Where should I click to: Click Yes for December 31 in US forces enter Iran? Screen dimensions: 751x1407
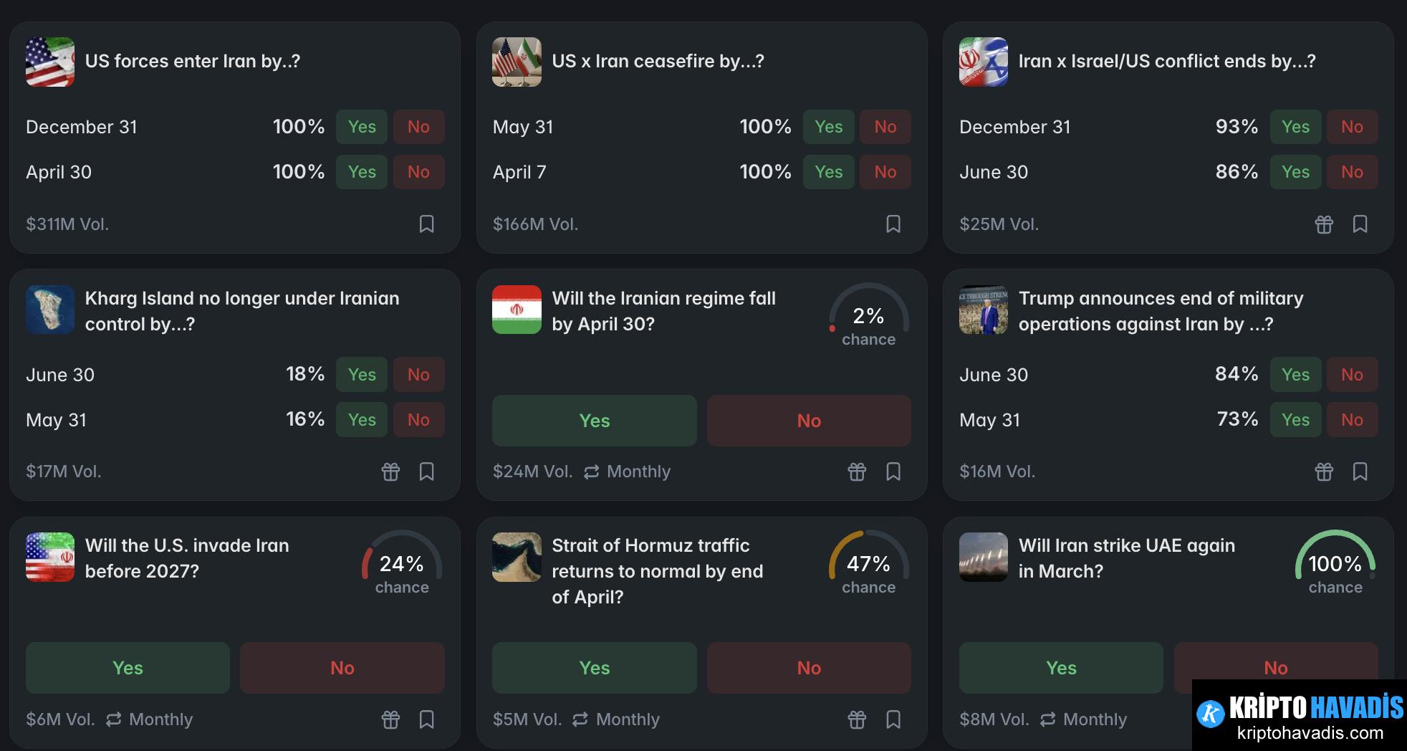(362, 127)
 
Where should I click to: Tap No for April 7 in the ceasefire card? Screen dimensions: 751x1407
(885, 172)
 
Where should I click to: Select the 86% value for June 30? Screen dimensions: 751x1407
(1236, 172)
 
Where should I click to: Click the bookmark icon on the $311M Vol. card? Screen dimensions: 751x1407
(426, 224)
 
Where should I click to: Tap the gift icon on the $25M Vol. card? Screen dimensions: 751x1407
(1324, 224)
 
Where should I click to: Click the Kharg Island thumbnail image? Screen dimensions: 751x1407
(50, 310)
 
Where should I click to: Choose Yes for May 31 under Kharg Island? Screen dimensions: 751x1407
(362, 420)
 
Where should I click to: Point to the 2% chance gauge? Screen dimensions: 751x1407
(868, 316)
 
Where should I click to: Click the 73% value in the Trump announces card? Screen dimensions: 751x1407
(1236, 419)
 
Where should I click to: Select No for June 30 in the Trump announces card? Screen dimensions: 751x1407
(1352, 375)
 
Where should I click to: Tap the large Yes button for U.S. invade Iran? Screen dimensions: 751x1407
(128, 668)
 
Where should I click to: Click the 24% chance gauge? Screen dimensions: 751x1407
(401, 564)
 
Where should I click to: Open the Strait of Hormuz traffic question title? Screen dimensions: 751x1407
(657, 570)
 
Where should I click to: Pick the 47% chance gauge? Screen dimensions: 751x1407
(868, 564)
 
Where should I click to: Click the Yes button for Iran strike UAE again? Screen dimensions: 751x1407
(1061, 668)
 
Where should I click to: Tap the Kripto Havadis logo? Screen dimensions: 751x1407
(1299, 714)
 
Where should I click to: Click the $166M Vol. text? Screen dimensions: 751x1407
(535, 224)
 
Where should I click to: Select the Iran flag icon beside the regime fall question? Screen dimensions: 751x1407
(517, 310)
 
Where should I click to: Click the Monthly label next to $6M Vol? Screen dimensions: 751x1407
(160, 719)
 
